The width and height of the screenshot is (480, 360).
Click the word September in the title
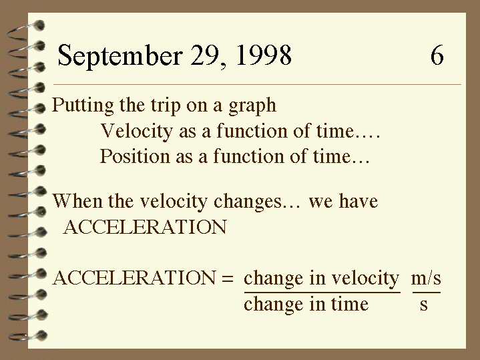pos(120,55)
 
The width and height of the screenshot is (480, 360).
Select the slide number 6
pos(437,55)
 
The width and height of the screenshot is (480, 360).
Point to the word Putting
pos(83,106)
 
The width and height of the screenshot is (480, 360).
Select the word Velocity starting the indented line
pos(136,132)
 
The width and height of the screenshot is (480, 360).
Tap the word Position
pos(135,156)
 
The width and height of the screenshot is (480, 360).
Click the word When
pos(77,201)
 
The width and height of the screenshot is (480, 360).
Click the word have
pos(358,201)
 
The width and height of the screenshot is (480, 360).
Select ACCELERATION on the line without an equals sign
pos(145,227)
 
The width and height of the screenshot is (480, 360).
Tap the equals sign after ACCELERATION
pos(227,279)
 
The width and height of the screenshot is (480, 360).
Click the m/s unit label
pos(426,279)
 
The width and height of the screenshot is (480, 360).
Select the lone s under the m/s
pos(424,305)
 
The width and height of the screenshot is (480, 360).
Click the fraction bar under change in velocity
pos(322,293)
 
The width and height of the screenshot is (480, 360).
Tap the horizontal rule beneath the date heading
pos(257,84)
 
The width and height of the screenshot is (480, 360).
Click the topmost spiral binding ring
pos(26,31)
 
